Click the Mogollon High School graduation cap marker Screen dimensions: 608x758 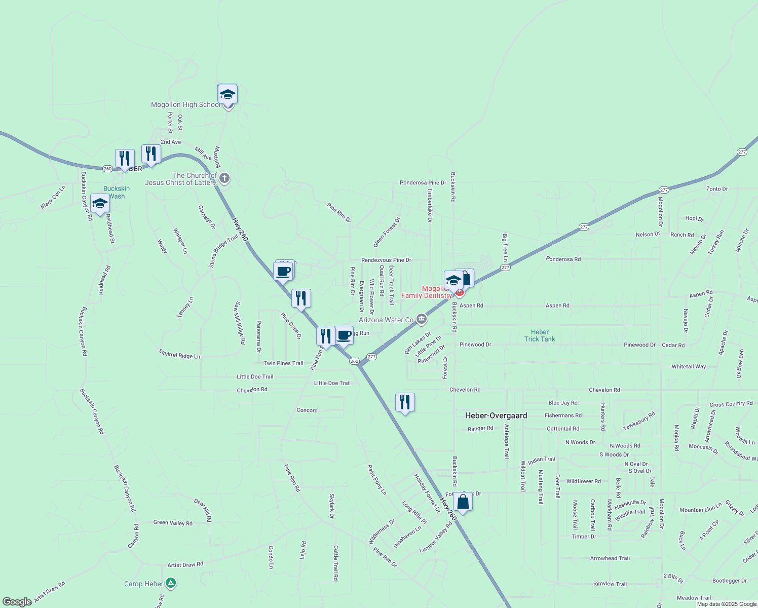228,95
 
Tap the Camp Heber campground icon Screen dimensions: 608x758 171,583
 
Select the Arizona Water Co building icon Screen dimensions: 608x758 421,319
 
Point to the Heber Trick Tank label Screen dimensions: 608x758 540,335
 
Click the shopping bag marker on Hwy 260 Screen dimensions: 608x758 463,502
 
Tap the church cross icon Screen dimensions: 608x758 224,178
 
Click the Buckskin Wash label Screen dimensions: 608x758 117,192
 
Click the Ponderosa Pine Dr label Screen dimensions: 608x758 423,183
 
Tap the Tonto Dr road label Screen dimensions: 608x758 717,189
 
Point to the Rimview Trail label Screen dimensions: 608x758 610,584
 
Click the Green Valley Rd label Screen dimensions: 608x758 173,523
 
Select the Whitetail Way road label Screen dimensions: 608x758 689,366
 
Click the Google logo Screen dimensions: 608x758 17,601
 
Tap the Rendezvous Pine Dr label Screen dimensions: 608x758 386,260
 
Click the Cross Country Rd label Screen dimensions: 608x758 731,404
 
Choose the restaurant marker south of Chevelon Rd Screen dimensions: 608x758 405,402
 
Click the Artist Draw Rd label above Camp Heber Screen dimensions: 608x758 185,564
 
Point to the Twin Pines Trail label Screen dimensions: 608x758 283,363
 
